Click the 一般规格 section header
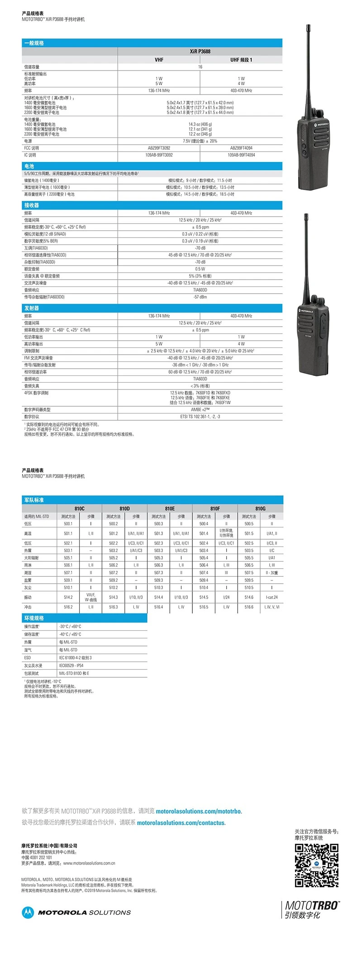pos(34,43)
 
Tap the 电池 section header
pos(29,166)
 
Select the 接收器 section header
pos(32,205)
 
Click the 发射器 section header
pos(32,308)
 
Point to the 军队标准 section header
pos(34,500)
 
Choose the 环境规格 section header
pos(34,618)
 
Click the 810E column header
pos(170,509)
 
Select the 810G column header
pos(260,509)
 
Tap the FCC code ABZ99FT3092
pos(159,148)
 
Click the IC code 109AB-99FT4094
pos(241,155)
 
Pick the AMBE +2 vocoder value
pos(200,409)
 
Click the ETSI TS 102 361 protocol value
pos(200,417)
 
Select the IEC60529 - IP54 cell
pos(71,665)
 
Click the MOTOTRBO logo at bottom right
pos(312,905)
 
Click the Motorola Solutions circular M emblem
pos(28,912)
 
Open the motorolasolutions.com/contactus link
pos(181,823)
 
